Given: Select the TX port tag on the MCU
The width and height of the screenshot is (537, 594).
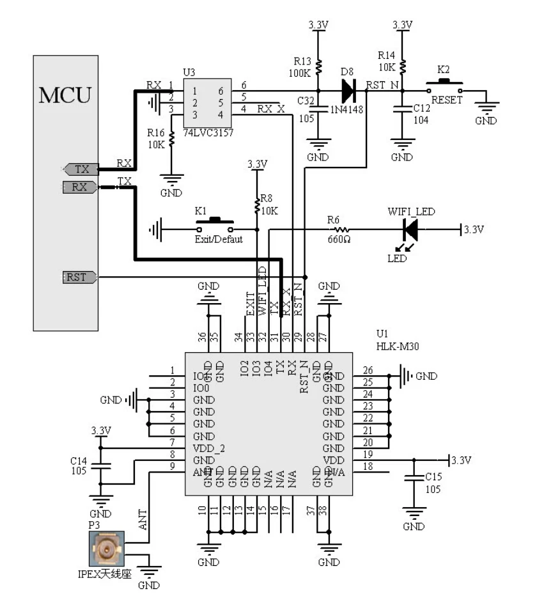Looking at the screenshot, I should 81,169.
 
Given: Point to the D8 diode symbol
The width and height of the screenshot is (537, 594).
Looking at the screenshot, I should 347,91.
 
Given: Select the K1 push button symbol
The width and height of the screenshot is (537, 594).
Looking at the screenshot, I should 214,225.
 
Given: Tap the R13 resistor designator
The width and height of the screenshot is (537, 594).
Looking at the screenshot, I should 302,61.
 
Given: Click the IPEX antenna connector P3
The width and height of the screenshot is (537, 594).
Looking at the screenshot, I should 106,549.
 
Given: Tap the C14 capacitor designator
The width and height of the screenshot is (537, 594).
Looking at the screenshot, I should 79,460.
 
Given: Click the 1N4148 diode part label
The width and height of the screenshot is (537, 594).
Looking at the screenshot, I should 348,110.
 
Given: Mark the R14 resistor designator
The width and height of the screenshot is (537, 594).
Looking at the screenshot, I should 387,55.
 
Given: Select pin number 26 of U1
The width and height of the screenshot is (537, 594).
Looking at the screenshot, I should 368,370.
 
